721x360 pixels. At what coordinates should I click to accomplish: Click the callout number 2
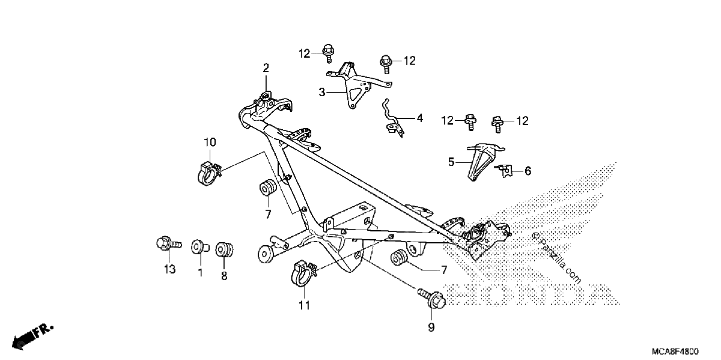point(266,68)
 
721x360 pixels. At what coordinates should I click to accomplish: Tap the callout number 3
point(322,93)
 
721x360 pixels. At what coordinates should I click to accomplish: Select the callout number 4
point(419,118)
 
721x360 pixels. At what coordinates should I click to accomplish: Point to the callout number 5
point(451,162)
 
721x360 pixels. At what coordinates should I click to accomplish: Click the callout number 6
point(528,171)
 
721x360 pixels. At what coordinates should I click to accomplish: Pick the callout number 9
point(431,327)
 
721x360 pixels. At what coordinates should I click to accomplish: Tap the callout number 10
point(210,142)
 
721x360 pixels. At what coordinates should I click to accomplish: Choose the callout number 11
point(304,305)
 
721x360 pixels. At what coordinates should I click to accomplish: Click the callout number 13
point(169,269)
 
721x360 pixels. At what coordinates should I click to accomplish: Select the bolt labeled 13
point(169,244)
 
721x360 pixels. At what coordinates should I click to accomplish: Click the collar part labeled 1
point(200,247)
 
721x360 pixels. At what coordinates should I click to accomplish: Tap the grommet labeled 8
point(224,250)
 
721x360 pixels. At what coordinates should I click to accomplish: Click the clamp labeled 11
point(303,273)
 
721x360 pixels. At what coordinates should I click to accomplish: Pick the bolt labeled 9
point(432,298)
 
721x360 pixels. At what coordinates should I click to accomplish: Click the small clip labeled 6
point(504,171)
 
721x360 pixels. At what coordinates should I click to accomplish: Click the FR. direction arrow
point(32,337)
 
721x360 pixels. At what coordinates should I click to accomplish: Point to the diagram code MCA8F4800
point(675,352)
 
